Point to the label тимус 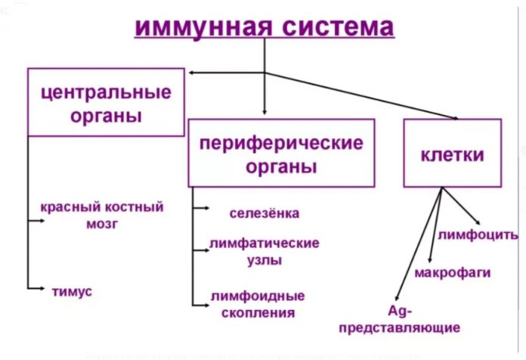(x=72, y=290)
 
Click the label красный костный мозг (x=102, y=214)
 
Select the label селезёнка (x=265, y=213)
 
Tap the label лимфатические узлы (x=265, y=251)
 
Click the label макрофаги (x=453, y=272)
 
